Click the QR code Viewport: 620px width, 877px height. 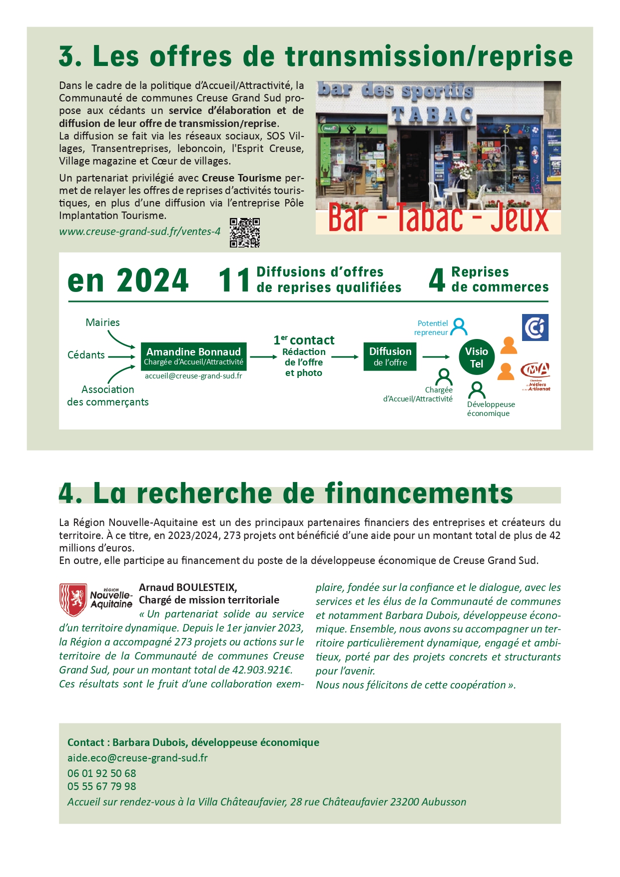pyautogui.click(x=245, y=232)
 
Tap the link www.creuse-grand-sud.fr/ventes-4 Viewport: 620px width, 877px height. pyautogui.click(x=140, y=231)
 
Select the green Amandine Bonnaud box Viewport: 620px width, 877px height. pyautogui.click(x=193, y=356)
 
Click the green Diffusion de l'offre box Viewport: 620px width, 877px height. pyautogui.click(x=390, y=356)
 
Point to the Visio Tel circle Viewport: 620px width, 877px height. pyautogui.click(x=477, y=357)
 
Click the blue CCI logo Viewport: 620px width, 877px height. pyautogui.click(x=535, y=327)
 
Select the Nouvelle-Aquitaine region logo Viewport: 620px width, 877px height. pyautogui.click(x=96, y=599)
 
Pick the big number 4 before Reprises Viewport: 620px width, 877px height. pyautogui.click(x=437, y=280)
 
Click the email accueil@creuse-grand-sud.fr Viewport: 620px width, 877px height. pyautogui.click(x=193, y=376)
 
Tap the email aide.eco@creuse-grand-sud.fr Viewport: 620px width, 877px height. pyautogui.click(x=137, y=758)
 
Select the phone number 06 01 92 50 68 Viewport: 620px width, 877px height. pyautogui.click(x=101, y=773)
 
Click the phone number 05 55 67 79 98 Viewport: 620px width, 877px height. pyautogui.click(x=101, y=786)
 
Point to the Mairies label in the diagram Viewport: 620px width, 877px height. pyautogui.click(x=102, y=322)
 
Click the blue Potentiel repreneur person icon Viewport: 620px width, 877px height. pyautogui.click(x=459, y=327)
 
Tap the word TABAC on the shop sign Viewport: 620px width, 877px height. pyautogui.click(x=432, y=115)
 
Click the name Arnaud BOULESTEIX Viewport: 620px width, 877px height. pyautogui.click(x=188, y=587)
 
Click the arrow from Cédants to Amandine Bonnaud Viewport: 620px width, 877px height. pyautogui.click(x=121, y=356)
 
